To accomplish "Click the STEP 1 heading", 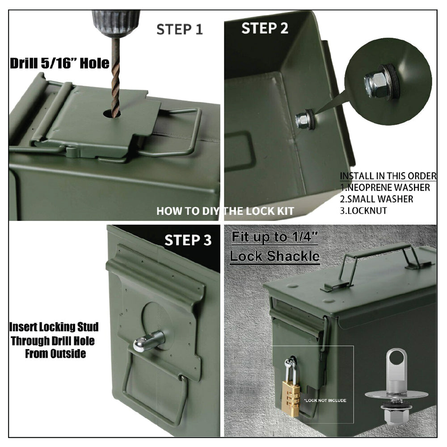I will (x=179, y=30).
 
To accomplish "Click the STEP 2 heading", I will (x=265, y=28).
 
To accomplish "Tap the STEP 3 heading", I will (x=188, y=240).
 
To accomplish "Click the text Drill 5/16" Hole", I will (x=59, y=63).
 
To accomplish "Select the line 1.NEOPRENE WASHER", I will (x=385, y=187).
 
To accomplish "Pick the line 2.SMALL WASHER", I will (x=376, y=199).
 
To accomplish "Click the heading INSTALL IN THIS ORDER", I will (x=388, y=176).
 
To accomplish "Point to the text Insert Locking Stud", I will (x=54, y=327).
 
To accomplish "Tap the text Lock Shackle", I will (x=274, y=256).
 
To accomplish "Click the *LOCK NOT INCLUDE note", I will (x=325, y=401).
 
